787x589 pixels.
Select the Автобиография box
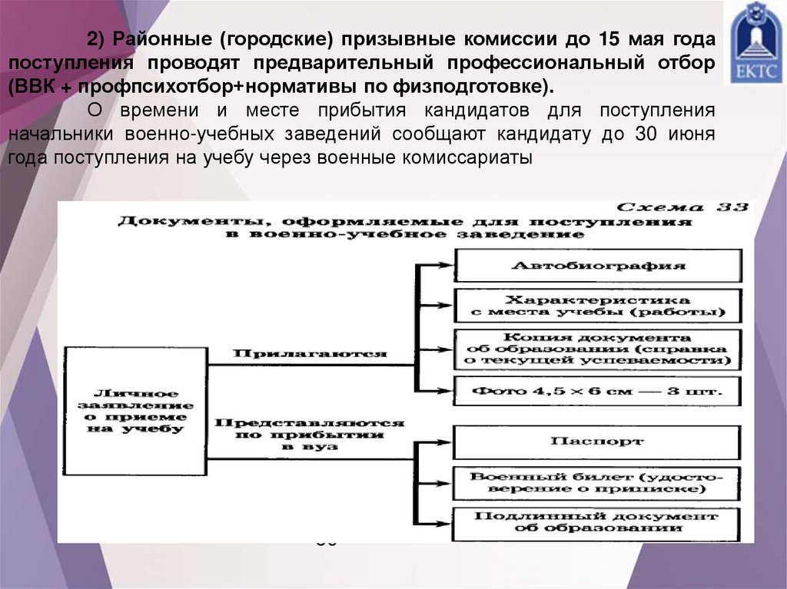click(x=598, y=266)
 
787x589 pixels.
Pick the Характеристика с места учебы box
click(x=598, y=306)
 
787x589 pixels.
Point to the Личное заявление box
click(x=135, y=411)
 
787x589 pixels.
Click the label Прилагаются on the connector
click(x=310, y=354)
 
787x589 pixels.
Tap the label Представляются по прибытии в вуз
click(x=310, y=434)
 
